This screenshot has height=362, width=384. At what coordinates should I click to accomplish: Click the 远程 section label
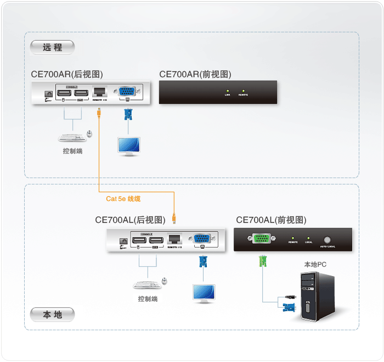tap(53, 48)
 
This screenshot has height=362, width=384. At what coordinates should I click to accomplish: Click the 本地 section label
tap(53, 315)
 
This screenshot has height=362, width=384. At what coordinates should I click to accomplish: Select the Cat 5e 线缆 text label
tap(123, 199)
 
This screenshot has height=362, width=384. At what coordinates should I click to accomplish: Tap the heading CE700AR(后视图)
tap(67, 74)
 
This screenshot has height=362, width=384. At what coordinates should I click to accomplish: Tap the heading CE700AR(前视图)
tap(195, 74)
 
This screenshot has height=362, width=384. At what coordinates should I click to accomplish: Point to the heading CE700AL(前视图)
tap(271, 220)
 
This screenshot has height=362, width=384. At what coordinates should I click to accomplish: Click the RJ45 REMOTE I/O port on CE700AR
tap(99, 92)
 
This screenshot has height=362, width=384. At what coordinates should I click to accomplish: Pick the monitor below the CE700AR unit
tap(129, 145)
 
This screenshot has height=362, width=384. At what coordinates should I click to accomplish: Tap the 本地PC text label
tap(315, 265)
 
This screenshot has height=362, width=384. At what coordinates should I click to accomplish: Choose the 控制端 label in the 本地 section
tap(148, 299)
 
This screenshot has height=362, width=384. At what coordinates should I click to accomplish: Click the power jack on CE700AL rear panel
tap(124, 240)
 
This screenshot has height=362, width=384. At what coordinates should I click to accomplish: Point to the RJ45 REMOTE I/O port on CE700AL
tap(174, 239)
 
